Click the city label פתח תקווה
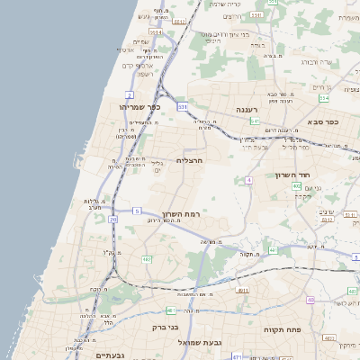pos(280,329)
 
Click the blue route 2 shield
pos(130,94)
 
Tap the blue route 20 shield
pos(112,220)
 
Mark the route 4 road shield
pos(247,180)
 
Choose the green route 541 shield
pos(255,121)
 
